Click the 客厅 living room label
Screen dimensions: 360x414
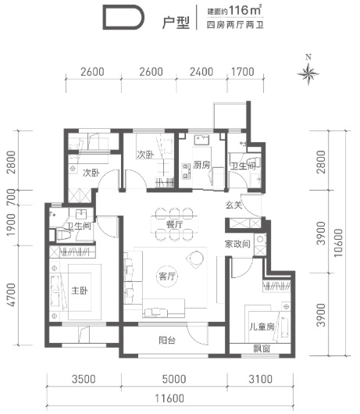tap(166, 277)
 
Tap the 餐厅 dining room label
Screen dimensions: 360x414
tap(174, 224)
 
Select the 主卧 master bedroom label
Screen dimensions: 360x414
tap(80, 291)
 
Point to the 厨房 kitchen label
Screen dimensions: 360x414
tap(201, 165)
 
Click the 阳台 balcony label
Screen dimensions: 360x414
tap(167, 340)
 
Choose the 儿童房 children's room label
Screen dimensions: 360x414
tap(262, 327)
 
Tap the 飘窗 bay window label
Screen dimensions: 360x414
tap(262, 348)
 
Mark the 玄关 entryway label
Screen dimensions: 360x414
tap(233, 205)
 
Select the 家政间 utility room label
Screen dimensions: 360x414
tap(237, 244)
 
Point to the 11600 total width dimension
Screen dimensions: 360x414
tap(169, 398)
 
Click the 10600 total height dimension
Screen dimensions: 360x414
tap(338, 243)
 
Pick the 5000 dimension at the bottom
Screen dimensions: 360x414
tap(174, 379)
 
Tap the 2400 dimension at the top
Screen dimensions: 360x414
tap(201, 72)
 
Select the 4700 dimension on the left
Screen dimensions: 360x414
tap(12, 295)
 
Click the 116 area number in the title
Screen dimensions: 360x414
tap(239, 11)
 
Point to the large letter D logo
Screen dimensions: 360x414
tap(123, 17)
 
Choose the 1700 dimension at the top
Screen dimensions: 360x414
tap(243, 72)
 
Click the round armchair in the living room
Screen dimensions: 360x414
tap(195, 259)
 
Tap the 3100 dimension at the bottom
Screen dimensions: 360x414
tap(260, 379)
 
